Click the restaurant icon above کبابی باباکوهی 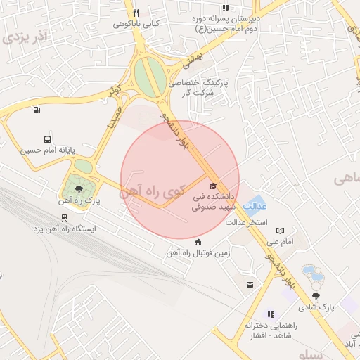pos(136,13)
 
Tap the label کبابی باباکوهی pos(138,23)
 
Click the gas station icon pos(37,109)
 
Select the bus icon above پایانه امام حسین pos(47,139)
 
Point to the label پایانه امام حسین pos(46,150)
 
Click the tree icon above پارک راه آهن pos(78,190)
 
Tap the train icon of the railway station pos(44,218)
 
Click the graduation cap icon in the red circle pos(214,186)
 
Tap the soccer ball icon pos(198,243)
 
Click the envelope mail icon pos(250,284)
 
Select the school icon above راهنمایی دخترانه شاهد pos(271,315)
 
